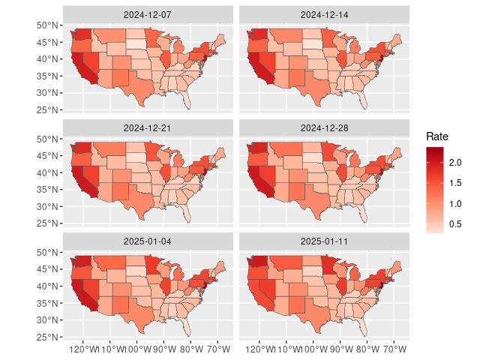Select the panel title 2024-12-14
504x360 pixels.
pos(324,14)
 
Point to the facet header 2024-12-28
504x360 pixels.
pos(324,127)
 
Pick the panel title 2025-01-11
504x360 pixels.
pos(324,241)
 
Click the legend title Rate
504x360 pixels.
pos(437,136)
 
